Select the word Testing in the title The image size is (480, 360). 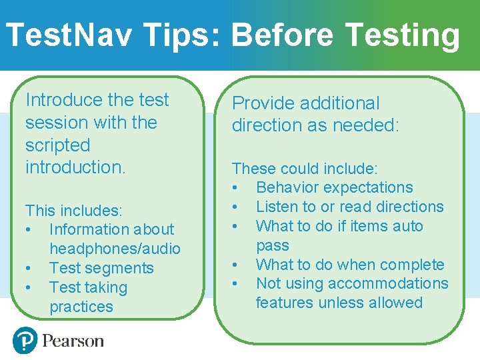coord(402,35)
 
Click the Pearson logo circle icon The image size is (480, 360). coord(25,341)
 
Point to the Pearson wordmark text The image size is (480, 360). coord(73,341)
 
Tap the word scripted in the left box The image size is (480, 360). coord(57,145)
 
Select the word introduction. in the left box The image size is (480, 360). coord(75,167)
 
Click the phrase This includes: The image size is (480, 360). coord(74,211)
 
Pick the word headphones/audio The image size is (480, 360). coord(115,249)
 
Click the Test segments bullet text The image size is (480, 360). coord(101,268)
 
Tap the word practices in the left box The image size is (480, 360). coord(81,307)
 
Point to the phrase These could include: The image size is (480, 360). coord(305,169)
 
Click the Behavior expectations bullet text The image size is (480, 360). coord(334,188)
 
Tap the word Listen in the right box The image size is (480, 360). coord(277,207)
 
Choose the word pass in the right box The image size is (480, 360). coord(272,245)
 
